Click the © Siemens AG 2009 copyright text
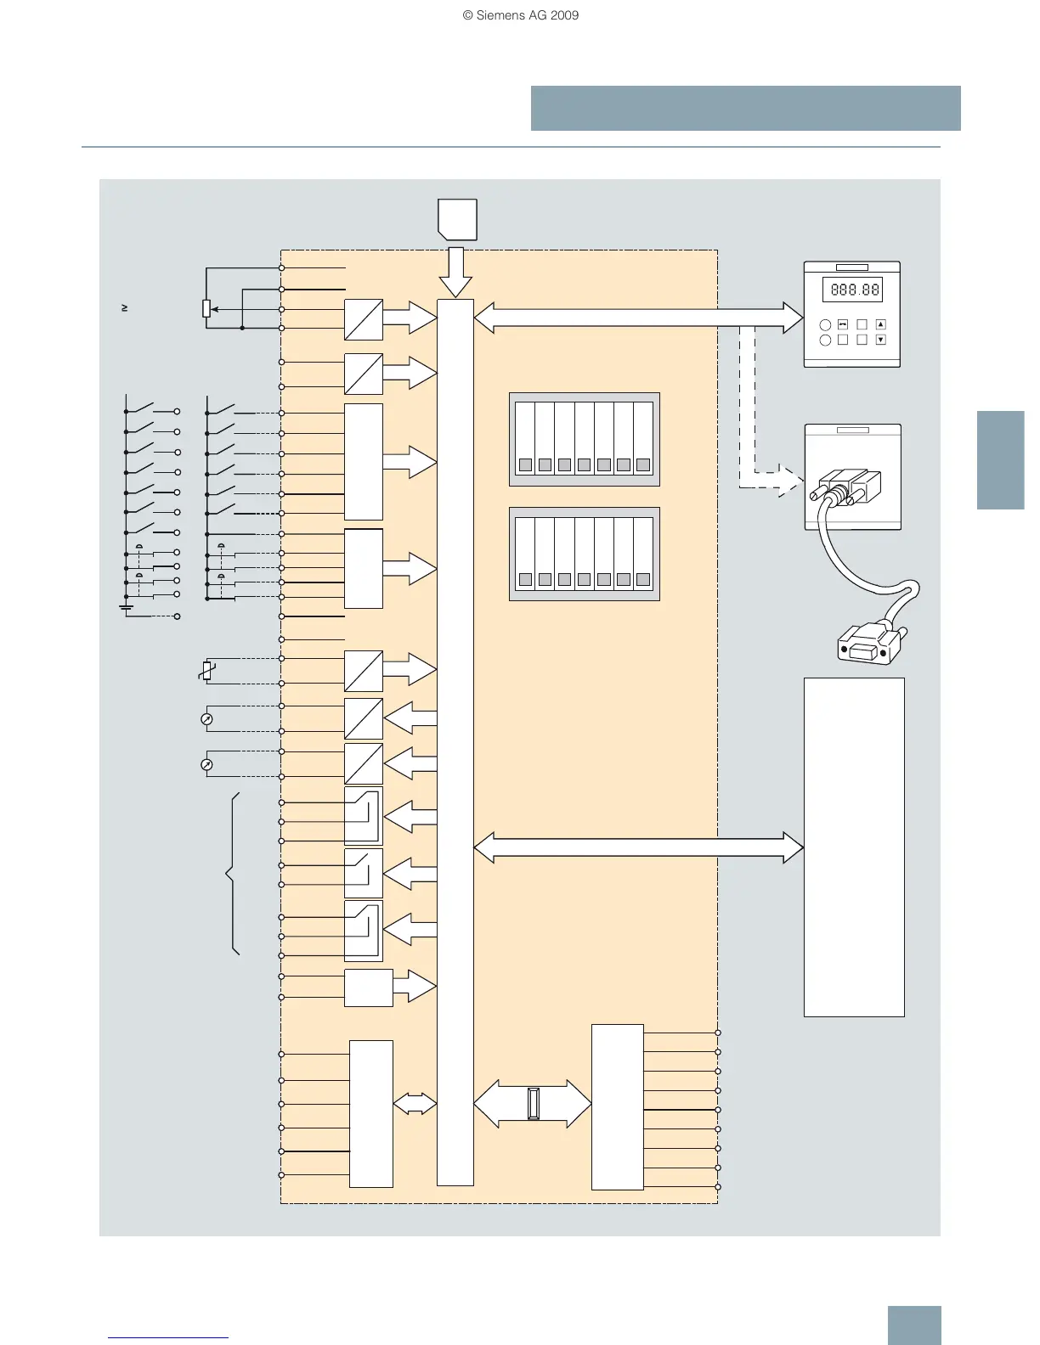(520, 15)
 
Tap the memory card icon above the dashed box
(457, 219)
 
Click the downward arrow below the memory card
(456, 272)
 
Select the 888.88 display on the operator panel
(854, 290)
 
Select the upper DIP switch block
(585, 439)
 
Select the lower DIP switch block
(585, 554)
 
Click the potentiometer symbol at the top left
(206, 308)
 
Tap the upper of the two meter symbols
(206, 719)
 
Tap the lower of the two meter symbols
(206, 764)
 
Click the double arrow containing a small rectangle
(533, 1103)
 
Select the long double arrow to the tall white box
(637, 847)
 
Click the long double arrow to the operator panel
(637, 318)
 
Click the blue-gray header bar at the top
(745, 108)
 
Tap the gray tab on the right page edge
(1000, 460)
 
